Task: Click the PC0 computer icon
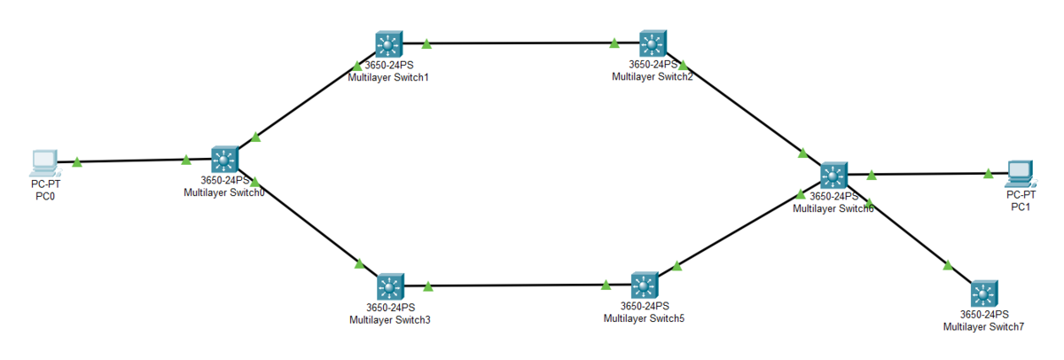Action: pos(45,164)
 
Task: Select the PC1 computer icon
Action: pos(1021,175)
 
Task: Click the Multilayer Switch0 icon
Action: pos(224,160)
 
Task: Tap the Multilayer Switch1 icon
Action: pos(388,44)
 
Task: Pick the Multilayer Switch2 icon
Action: pos(653,43)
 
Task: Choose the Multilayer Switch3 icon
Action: pos(390,287)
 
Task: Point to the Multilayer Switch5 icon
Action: pos(645,286)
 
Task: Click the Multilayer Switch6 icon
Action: pos(833,176)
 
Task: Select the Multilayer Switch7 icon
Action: pos(984,294)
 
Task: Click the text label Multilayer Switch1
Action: pos(388,77)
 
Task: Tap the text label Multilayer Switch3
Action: pos(390,320)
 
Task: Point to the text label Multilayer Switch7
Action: pos(983,327)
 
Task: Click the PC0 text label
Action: pos(45,196)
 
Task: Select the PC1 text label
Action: pos(1021,207)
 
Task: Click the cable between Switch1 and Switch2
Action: pos(520,43)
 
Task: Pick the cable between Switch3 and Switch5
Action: pos(518,286)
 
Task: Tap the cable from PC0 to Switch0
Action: pos(136,161)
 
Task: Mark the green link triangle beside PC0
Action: pos(77,162)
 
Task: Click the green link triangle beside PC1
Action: pos(989,174)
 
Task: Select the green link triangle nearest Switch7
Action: pos(948,265)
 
